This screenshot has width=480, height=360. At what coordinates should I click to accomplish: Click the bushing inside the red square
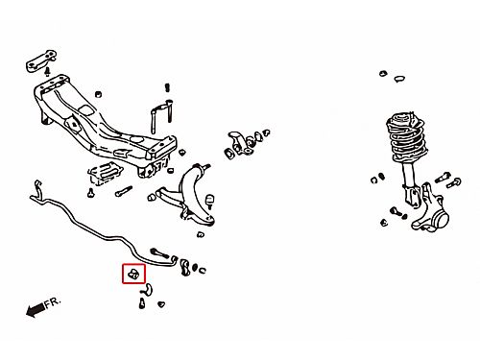pyautogui.click(x=133, y=274)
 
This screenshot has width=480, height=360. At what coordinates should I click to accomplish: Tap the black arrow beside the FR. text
pyautogui.click(x=36, y=309)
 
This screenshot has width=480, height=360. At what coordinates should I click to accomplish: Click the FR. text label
pyautogui.click(x=52, y=302)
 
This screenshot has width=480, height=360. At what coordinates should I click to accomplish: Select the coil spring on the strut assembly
pyautogui.click(x=406, y=136)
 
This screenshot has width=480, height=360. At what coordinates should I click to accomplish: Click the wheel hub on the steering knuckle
pyautogui.click(x=440, y=219)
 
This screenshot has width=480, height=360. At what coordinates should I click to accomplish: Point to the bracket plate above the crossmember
pyautogui.click(x=41, y=60)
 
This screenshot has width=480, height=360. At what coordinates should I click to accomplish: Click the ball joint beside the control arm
pyautogui.click(x=209, y=201)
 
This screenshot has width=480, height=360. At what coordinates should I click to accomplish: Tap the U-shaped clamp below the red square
pyautogui.click(x=147, y=289)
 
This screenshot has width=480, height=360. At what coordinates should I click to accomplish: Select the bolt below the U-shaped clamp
pyautogui.click(x=142, y=303)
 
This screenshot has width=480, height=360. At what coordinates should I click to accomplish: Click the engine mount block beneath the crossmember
pyautogui.click(x=105, y=173)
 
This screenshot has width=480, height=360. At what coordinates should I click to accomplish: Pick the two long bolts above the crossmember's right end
pyautogui.click(x=161, y=116)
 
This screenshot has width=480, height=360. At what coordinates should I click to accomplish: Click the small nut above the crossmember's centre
pyautogui.click(x=99, y=94)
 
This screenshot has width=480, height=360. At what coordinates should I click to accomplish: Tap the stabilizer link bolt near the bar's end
pyautogui.click(x=159, y=252)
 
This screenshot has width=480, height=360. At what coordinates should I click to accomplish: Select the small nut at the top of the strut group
pyautogui.click(x=383, y=73)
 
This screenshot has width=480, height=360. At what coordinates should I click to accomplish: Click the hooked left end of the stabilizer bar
pyautogui.click(x=37, y=191)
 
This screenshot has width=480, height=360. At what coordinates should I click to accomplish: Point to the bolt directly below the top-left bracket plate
pyautogui.click(x=47, y=71)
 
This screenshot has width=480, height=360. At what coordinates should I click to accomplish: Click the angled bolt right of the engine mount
pyautogui.click(x=124, y=191)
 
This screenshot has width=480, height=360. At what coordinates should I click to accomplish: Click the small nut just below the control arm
pyautogui.click(x=201, y=235)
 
